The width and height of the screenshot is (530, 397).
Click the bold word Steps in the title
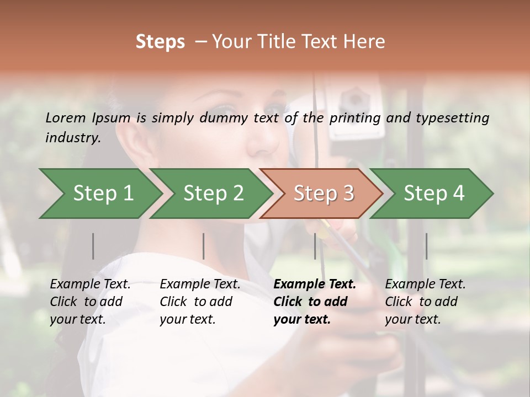point(160,42)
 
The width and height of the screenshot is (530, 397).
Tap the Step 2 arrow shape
point(213,194)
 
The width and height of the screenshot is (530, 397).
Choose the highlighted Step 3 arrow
point(324,194)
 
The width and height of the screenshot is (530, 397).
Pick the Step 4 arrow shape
point(434,194)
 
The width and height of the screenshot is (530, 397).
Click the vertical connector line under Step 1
point(93,246)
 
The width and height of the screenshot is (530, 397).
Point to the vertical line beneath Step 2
point(204,246)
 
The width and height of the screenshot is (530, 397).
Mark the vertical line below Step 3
point(315,246)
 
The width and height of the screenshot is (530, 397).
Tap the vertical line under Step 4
point(426,246)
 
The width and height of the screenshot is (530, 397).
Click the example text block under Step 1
point(90,302)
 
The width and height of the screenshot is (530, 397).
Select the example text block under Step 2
point(200,302)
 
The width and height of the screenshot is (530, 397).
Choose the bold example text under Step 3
point(315,302)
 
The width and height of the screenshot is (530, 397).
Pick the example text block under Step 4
point(425,302)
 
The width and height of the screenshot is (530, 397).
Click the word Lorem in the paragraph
point(66,117)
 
